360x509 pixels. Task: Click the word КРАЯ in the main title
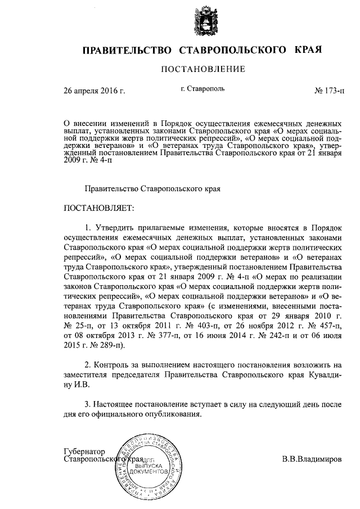[x=308, y=50]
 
